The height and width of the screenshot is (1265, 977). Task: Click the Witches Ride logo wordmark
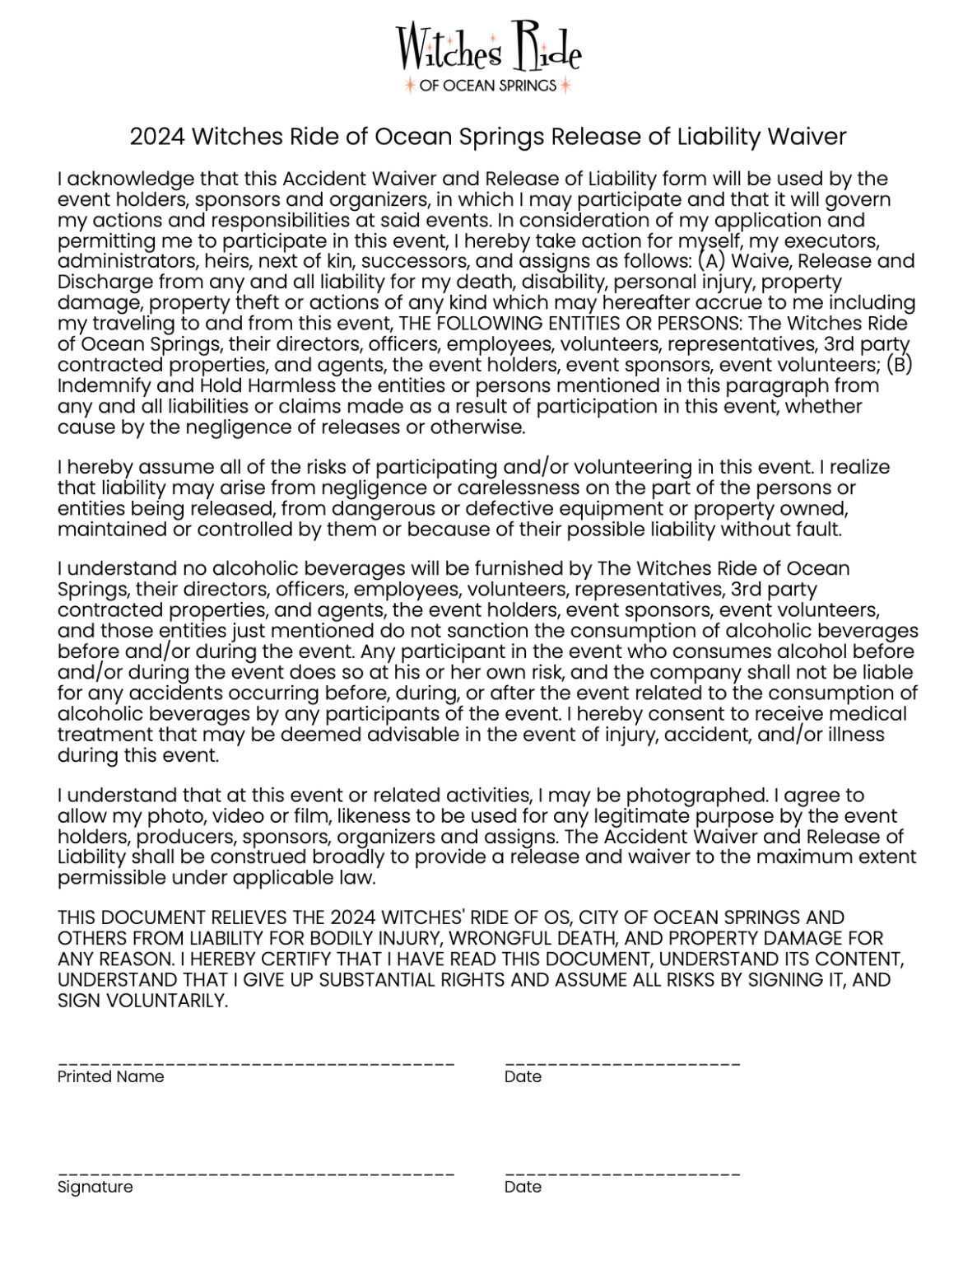click(x=488, y=49)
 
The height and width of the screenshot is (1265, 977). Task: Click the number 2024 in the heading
click(x=156, y=137)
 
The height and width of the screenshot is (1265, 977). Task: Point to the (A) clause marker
click(x=711, y=261)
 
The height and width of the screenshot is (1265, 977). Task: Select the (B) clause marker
click(x=900, y=364)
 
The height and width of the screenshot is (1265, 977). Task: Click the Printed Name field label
click(x=110, y=1076)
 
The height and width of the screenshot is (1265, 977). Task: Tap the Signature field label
click(x=95, y=1187)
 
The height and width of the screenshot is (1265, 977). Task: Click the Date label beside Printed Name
click(x=523, y=1076)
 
